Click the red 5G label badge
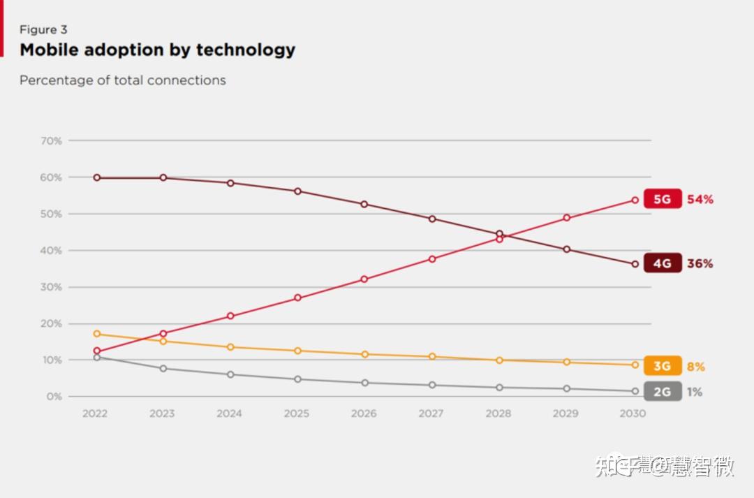(662, 199)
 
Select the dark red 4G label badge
(662, 263)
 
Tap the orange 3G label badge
(662, 366)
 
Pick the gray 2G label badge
(662, 392)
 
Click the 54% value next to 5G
(700, 199)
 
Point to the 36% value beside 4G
(700, 263)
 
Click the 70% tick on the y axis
(51, 140)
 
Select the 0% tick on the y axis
(54, 396)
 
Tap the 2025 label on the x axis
(296, 413)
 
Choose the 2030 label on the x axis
(633, 413)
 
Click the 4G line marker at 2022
(96, 177)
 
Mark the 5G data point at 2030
(635, 200)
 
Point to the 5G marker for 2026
(364, 279)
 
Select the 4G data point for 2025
(297, 191)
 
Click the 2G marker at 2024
(230, 374)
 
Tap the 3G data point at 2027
(432, 356)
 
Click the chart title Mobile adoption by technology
(157, 50)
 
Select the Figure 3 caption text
(43, 29)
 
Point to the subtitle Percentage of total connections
(122, 80)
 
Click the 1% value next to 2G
(694, 392)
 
